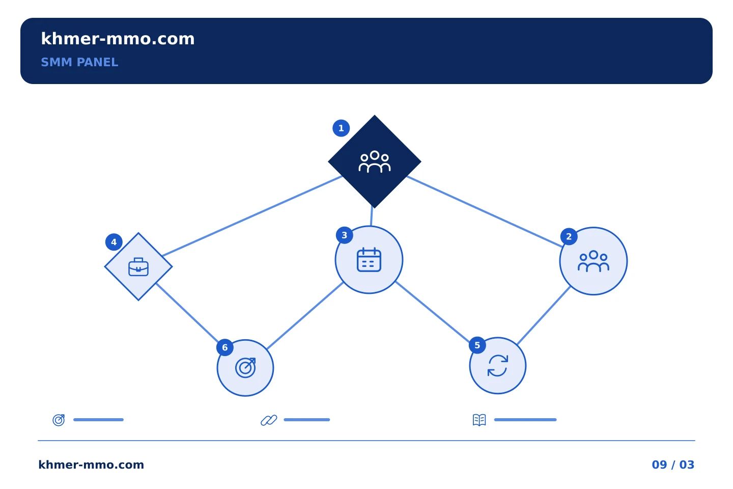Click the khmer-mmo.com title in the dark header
click(118, 39)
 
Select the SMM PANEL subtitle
click(79, 62)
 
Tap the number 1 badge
click(341, 128)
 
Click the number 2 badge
click(569, 236)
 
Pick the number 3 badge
click(344, 235)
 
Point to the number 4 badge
click(114, 242)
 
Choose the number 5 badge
click(477, 345)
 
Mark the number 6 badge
click(225, 347)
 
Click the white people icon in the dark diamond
click(374, 161)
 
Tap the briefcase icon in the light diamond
click(138, 267)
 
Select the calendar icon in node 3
click(369, 260)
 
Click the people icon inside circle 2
click(594, 261)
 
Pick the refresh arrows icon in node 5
click(498, 366)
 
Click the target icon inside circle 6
click(245, 368)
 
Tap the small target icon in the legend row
click(59, 420)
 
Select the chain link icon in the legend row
click(269, 420)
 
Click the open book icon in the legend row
click(480, 420)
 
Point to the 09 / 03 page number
click(673, 465)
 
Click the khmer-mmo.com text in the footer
click(91, 465)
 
